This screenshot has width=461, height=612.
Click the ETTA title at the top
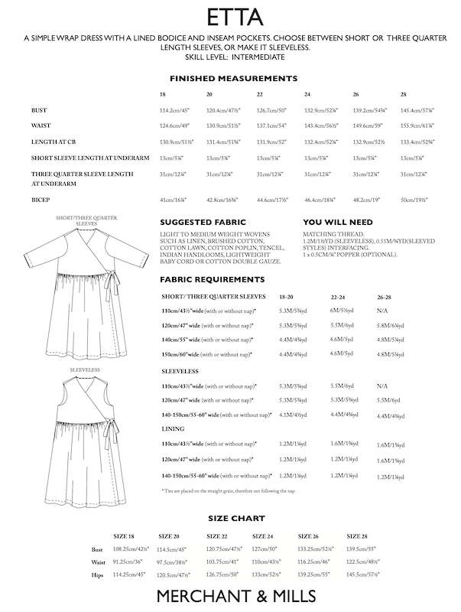point(230,16)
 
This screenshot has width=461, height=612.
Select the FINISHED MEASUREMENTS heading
point(232,78)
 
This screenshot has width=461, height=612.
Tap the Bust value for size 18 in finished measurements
point(174,110)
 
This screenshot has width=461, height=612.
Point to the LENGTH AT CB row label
point(54,142)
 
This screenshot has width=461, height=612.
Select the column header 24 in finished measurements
point(307,94)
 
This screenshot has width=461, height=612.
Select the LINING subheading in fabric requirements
point(171,429)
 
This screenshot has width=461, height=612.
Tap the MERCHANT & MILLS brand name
point(230,595)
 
